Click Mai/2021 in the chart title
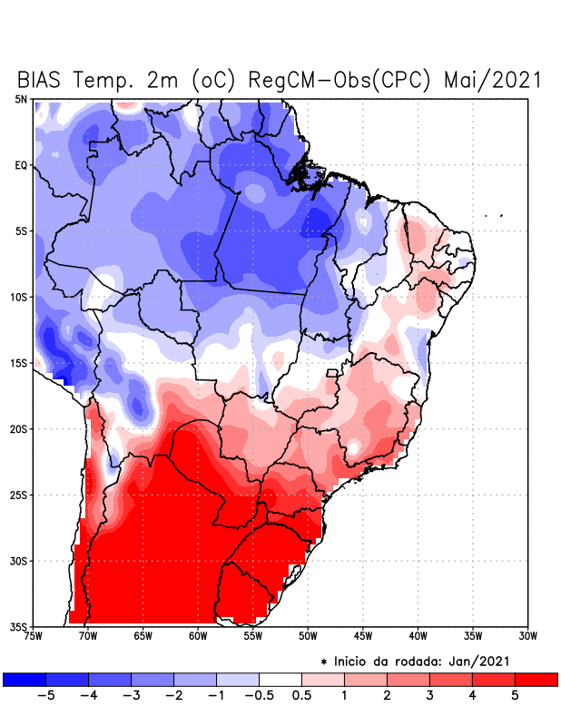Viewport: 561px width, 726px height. tap(492, 80)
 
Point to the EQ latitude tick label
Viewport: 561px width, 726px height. tap(21, 165)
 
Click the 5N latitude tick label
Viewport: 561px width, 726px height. tap(21, 99)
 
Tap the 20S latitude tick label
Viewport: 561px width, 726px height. tap(19, 428)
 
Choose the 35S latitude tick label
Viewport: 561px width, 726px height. tap(19, 626)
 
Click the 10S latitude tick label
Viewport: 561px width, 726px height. tap(19, 297)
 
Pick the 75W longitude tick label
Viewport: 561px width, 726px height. tap(34, 636)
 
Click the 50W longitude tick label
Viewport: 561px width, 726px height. tap(307, 636)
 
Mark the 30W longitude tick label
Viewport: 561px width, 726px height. tap(527, 636)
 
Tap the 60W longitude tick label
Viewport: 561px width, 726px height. tap(197, 636)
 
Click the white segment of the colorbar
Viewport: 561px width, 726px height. tap(280, 679)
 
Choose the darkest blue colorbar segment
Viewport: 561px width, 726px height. tap(25, 679)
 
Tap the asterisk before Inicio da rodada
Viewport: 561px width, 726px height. tap(323, 661)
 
